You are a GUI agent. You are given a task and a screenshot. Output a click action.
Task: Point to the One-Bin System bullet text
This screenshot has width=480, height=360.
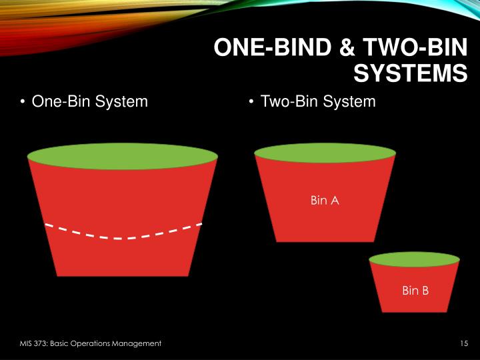pos(90,102)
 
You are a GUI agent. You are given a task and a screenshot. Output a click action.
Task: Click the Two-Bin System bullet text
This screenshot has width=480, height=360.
pos(318,102)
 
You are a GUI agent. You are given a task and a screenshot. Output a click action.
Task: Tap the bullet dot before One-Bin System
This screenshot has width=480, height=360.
pos(23,102)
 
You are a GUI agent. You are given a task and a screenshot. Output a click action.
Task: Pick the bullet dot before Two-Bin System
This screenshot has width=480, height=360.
pos(251,102)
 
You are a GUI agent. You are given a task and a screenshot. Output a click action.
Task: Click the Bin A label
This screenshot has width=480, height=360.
pos(325,200)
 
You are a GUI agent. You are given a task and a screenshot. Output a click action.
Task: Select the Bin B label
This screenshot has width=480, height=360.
pos(415,291)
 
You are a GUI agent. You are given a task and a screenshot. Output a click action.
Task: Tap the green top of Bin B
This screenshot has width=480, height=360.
pos(415,259)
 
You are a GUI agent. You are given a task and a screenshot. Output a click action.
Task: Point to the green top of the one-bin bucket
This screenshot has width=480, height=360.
pos(123,155)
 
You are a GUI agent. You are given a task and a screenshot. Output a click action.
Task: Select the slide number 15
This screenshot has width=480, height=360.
pos(465,343)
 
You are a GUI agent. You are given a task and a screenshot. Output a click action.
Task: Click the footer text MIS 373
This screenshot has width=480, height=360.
pos(33,343)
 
